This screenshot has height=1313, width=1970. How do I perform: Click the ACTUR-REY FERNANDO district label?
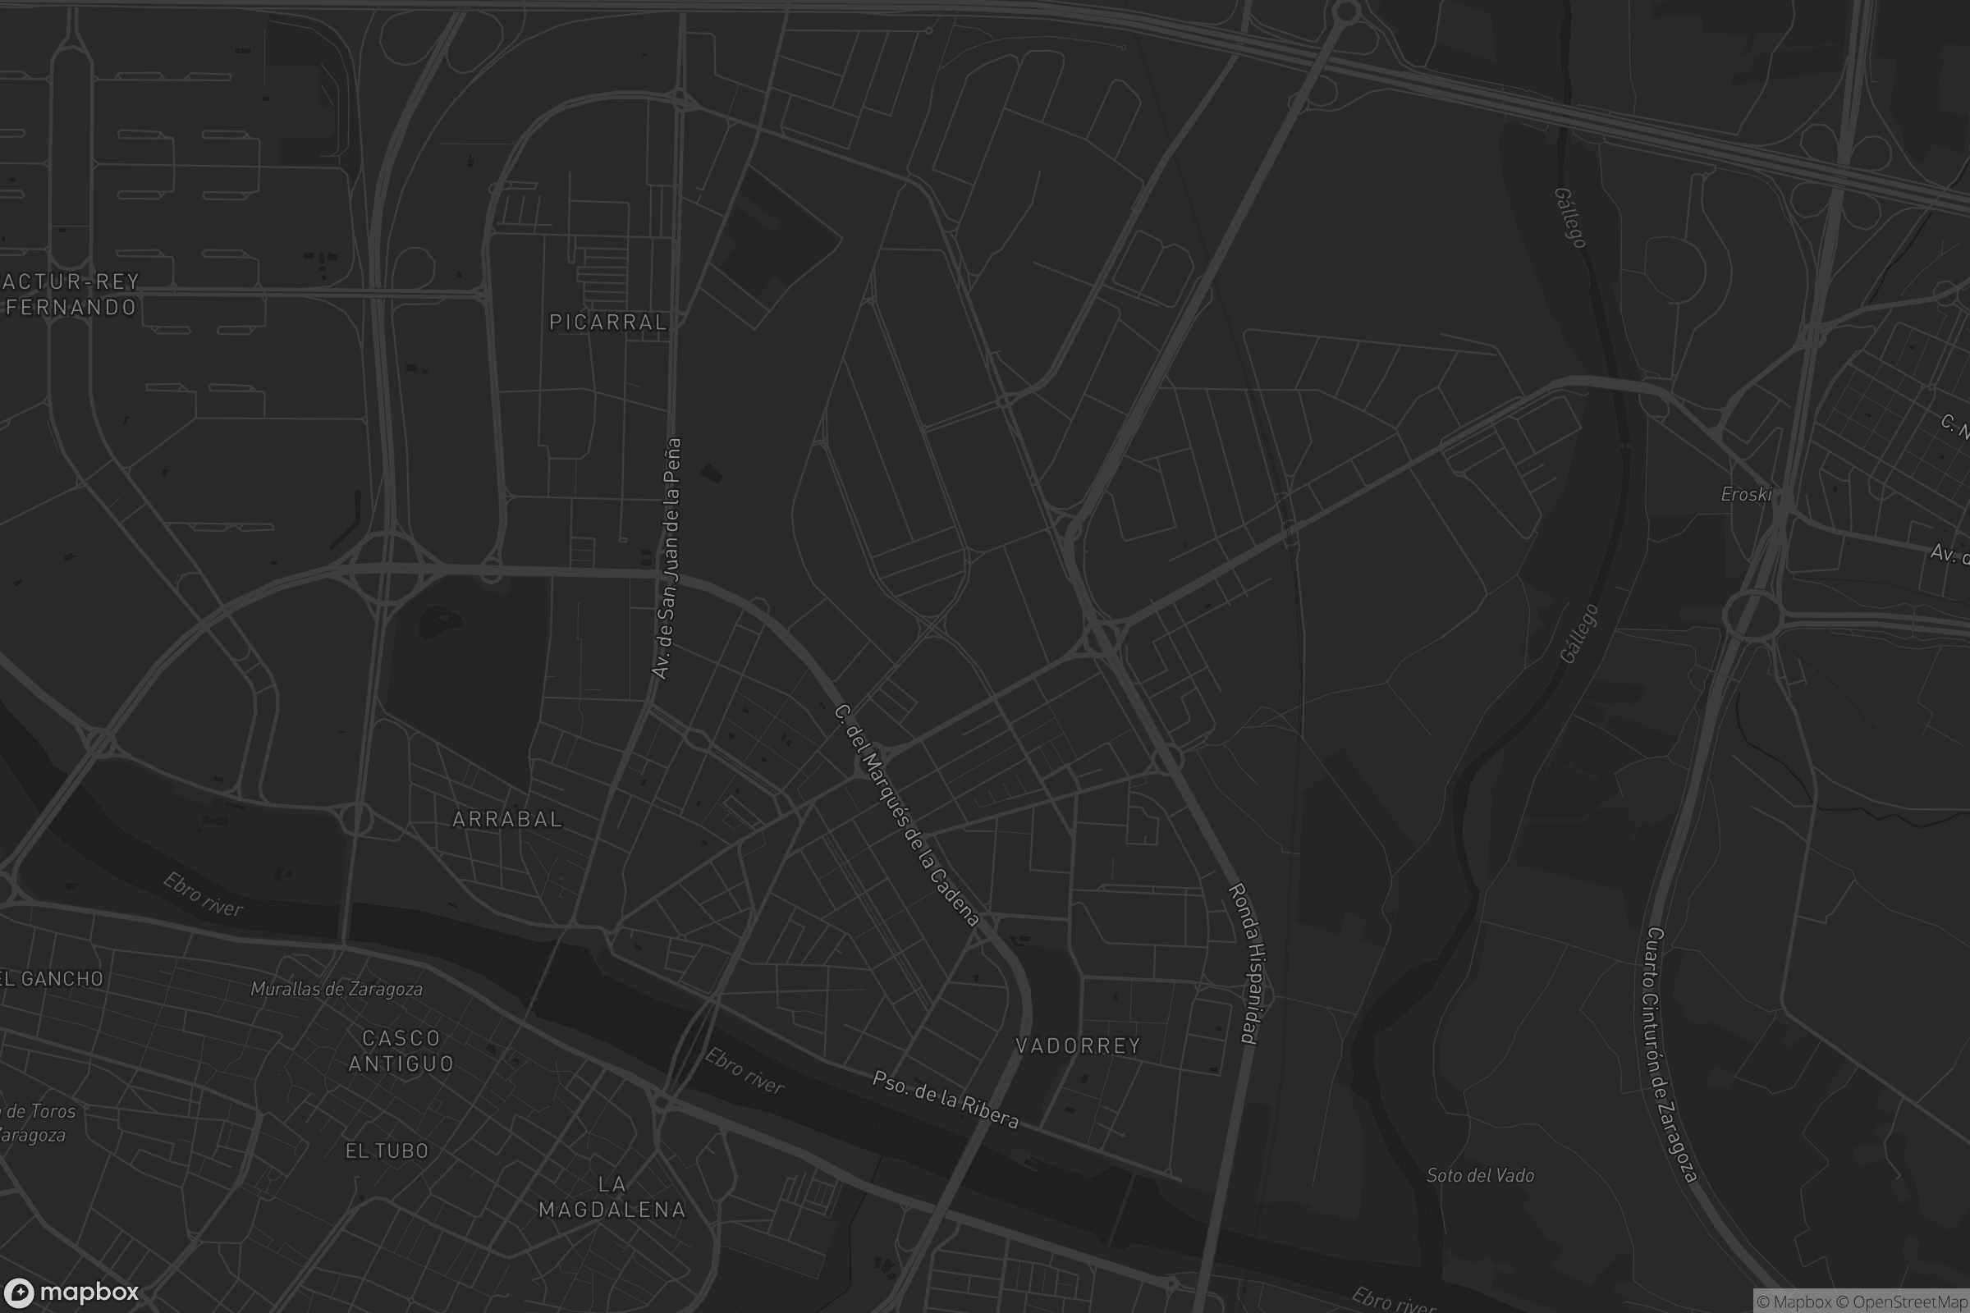pos(71,294)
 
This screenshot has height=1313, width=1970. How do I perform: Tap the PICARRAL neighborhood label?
pos(608,323)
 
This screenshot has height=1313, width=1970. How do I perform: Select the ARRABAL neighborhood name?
pos(506,819)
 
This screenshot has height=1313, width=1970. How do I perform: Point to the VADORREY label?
pos(1077,1045)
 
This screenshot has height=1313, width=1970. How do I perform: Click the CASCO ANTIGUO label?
pos(401,1051)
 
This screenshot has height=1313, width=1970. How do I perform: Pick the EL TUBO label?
pos(387,1151)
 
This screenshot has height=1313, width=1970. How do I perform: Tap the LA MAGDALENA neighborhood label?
pos(612,1197)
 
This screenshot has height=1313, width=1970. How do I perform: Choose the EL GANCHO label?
pos(52,979)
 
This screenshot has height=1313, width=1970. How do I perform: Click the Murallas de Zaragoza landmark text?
pos(337,989)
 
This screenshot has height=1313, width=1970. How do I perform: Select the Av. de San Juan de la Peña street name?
pos(667,559)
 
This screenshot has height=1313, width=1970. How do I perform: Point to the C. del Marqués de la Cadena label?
pos(906,816)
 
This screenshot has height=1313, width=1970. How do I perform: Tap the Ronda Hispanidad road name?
pos(1247,963)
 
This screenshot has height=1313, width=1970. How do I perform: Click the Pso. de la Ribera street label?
pos(946,1100)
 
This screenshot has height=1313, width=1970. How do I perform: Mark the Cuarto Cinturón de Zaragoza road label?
pos(1670,1055)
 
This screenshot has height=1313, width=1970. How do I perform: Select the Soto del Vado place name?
pos(1480,1176)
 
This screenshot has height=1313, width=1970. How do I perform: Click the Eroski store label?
pos(1746,495)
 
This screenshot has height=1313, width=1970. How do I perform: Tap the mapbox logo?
pos(71,1292)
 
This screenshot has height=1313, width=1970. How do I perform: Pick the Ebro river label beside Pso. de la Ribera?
pos(744,1071)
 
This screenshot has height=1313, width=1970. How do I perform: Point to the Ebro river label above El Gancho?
pos(203,895)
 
